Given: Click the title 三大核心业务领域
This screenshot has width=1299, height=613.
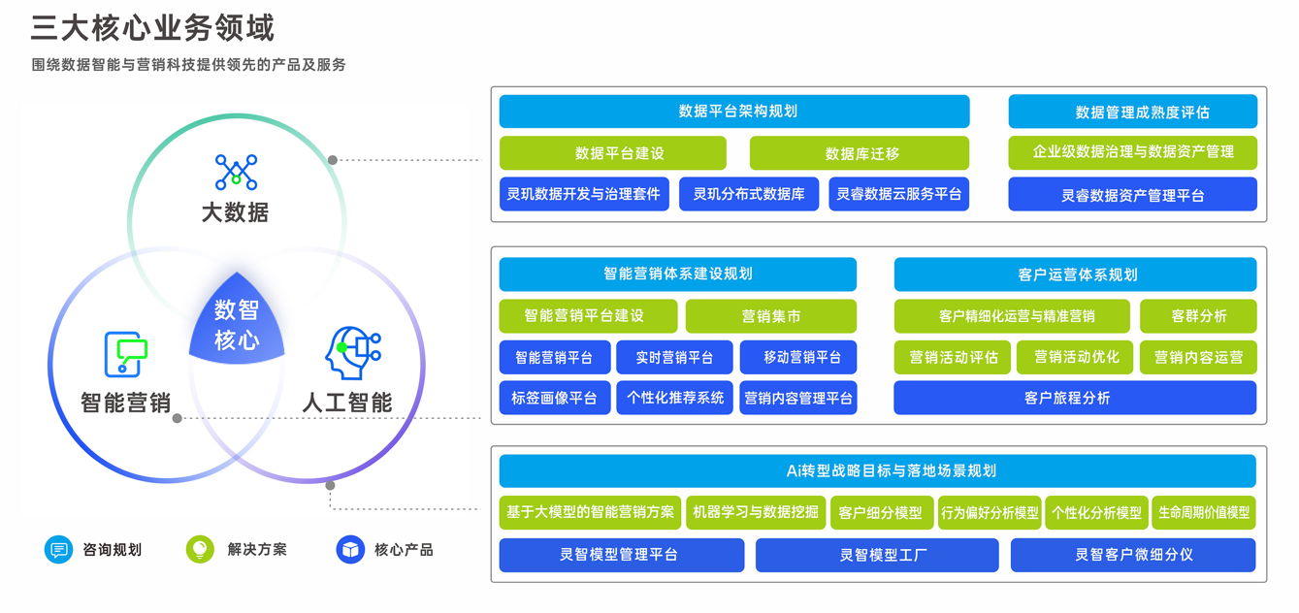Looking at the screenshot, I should tap(152, 27).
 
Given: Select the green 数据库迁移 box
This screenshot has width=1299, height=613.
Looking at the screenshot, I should tap(860, 153).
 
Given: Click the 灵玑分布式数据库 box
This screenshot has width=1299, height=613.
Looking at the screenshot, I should tap(748, 194).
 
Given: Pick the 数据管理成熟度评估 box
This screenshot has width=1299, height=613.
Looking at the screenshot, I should tap(1132, 112).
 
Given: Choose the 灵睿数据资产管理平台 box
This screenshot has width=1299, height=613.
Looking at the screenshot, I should tap(1132, 195).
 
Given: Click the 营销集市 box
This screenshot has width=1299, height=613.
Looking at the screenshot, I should tap(770, 316).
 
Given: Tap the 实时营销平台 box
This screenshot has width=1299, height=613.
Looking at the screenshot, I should tap(674, 358).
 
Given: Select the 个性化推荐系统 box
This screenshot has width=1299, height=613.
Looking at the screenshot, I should tap(674, 399).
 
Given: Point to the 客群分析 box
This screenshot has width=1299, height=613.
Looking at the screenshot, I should tap(1198, 316).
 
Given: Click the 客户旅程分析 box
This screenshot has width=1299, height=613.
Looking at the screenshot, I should tap(1074, 399).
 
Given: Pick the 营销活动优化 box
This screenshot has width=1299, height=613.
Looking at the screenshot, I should tap(1075, 358).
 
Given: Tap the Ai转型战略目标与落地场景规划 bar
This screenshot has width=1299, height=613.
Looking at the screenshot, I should tap(877, 471).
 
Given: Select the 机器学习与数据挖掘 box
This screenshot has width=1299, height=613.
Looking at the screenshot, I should tap(755, 512).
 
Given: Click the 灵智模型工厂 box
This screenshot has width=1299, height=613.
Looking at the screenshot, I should tap(877, 555).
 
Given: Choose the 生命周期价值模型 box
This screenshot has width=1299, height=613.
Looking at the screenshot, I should tap(1204, 512).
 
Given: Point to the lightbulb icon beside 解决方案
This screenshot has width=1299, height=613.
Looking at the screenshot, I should tap(200, 549).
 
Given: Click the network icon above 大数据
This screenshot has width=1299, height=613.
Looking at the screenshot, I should tap(236, 173).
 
